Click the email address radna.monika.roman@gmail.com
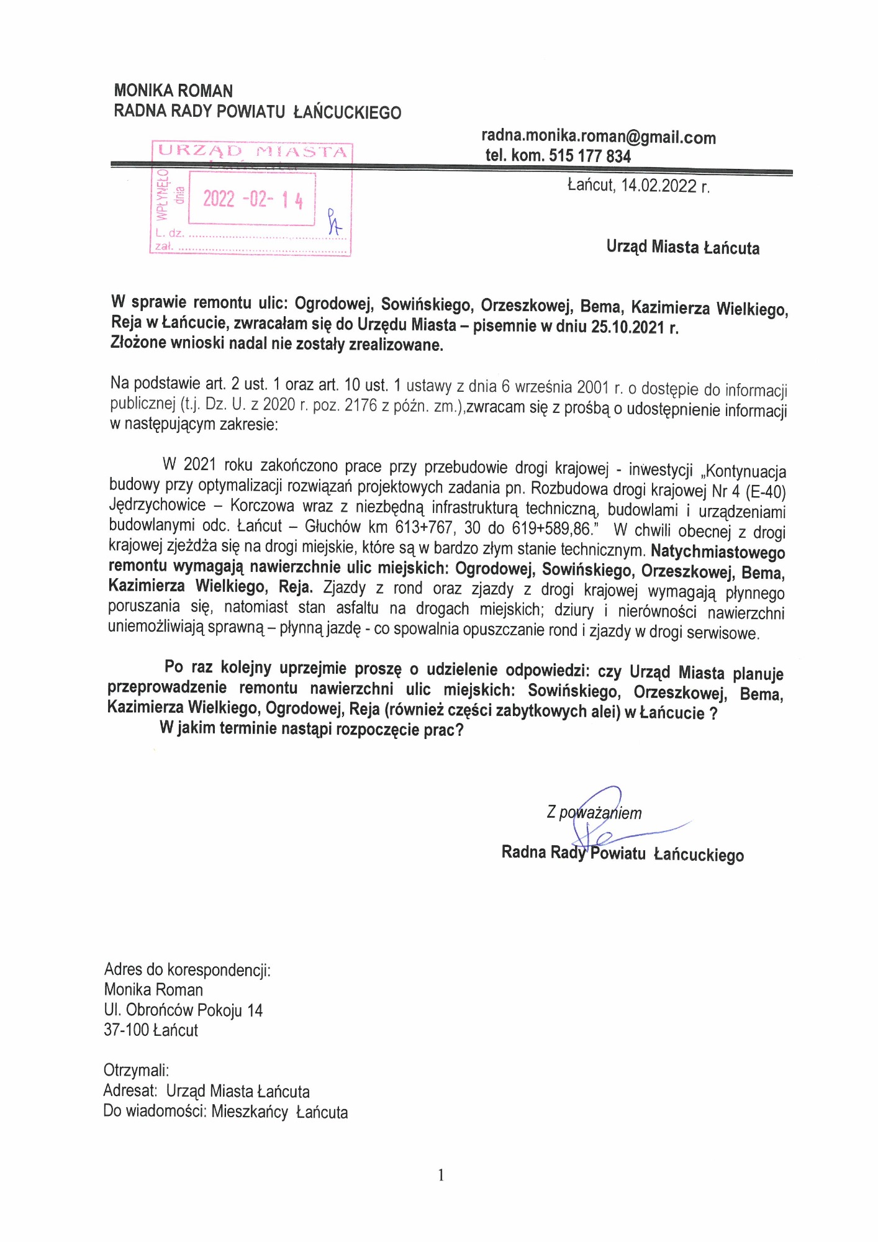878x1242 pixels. click(599, 137)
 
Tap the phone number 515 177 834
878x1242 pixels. click(590, 156)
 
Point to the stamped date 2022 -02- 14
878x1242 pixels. click(253, 199)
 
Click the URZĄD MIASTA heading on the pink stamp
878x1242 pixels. click(252, 151)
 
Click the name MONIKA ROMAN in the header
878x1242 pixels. click(173, 91)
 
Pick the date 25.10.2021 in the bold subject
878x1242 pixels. click(627, 327)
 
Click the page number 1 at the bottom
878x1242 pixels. click(441, 1175)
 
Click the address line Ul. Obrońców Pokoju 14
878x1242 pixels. click(183, 1010)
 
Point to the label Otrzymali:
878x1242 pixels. click(136, 1070)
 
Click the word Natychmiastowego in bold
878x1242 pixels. click(718, 551)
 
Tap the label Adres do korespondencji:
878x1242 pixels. click(187, 970)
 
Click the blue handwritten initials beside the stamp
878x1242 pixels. click(335, 222)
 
